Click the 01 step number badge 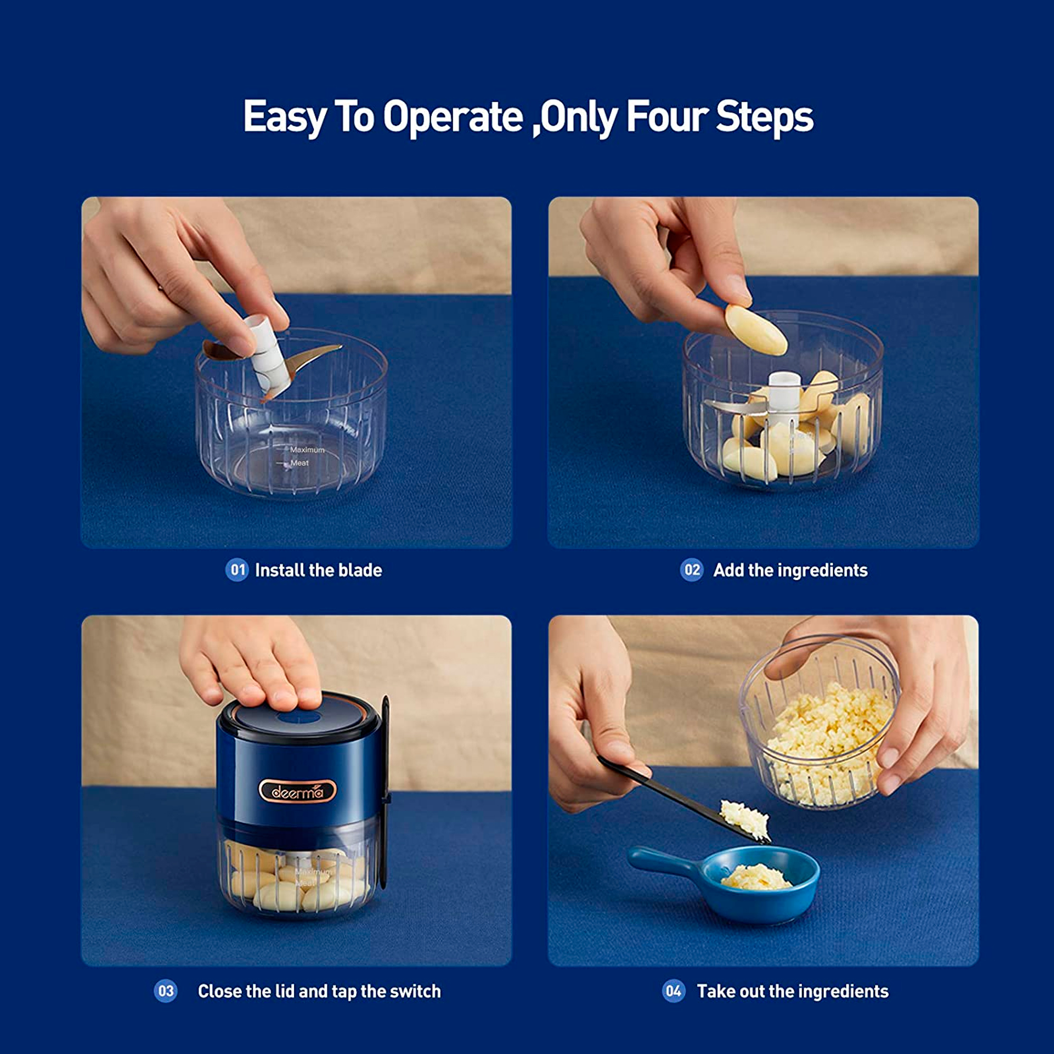point(237,570)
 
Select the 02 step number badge point(692,570)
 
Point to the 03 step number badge point(165,991)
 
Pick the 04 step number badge point(674,991)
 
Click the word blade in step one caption point(360,570)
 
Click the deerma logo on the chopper point(297,791)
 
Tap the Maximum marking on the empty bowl point(307,450)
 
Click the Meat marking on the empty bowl point(299,463)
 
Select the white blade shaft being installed point(267,355)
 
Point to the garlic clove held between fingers point(756,329)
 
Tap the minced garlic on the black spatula point(745,819)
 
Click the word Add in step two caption point(728,570)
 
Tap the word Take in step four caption point(715,991)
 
